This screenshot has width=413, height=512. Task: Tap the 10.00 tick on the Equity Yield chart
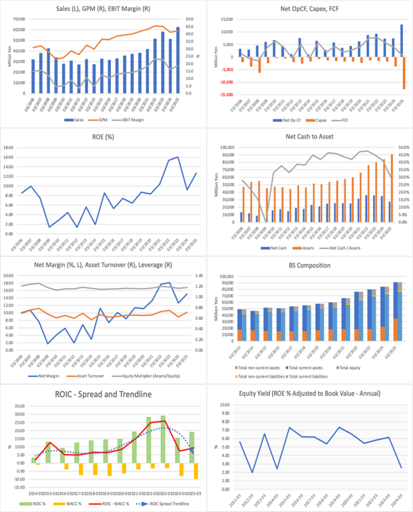coord(225,404)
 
